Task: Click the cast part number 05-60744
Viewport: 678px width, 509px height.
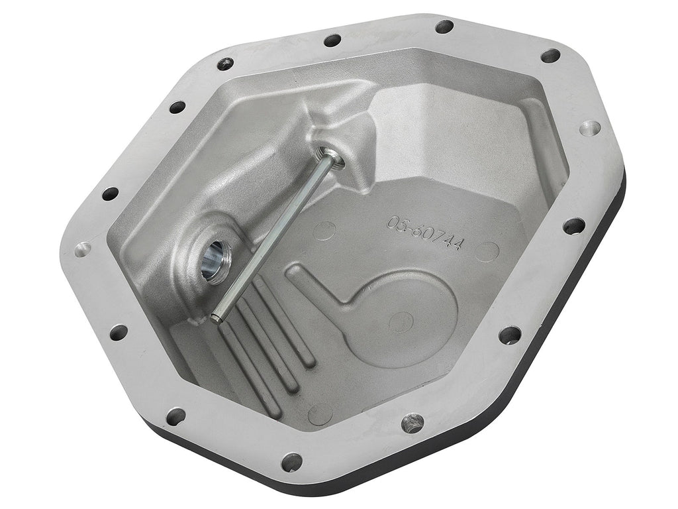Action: click(x=426, y=233)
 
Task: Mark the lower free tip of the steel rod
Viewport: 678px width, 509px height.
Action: click(x=217, y=317)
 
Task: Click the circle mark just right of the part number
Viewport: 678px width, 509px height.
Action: click(x=487, y=251)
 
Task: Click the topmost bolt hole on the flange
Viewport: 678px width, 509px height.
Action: click(x=444, y=27)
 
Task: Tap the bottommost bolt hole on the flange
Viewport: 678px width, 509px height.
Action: click(x=292, y=462)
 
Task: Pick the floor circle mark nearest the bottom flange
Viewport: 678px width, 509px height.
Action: click(x=320, y=414)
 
